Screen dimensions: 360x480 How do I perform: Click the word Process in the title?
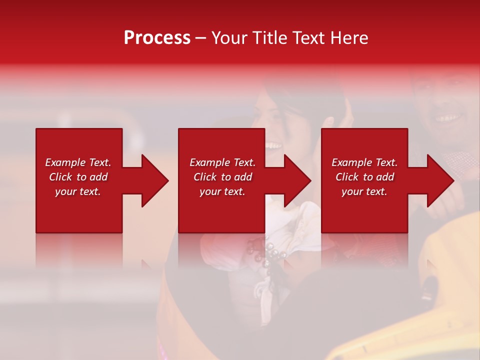pyautogui.click(x=157, y=38)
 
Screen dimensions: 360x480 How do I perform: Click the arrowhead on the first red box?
pyautogui.click(x=152, y=180)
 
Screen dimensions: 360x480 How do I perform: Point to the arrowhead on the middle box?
pyautogui.click(x=295, y=180)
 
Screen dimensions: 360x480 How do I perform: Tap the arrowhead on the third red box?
pyautogui.click(x=438, y=180)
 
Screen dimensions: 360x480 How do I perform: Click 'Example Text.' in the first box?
pyautogui.click(x=78, y=162)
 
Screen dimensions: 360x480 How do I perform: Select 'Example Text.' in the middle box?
pyautogui.click(x=222, y=162)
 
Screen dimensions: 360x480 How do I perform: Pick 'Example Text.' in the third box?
pyautogui.click(x=364, y=162)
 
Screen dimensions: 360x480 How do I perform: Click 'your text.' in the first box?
pyautogui.click(x=78, y=191)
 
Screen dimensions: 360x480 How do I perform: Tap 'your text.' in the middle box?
pyautogui.click(x=222, y=191)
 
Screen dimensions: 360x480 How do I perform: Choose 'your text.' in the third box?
pyautogui.click(x=364, y=191)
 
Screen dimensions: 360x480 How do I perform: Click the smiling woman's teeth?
pyautogui.click(x=273, y=145)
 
